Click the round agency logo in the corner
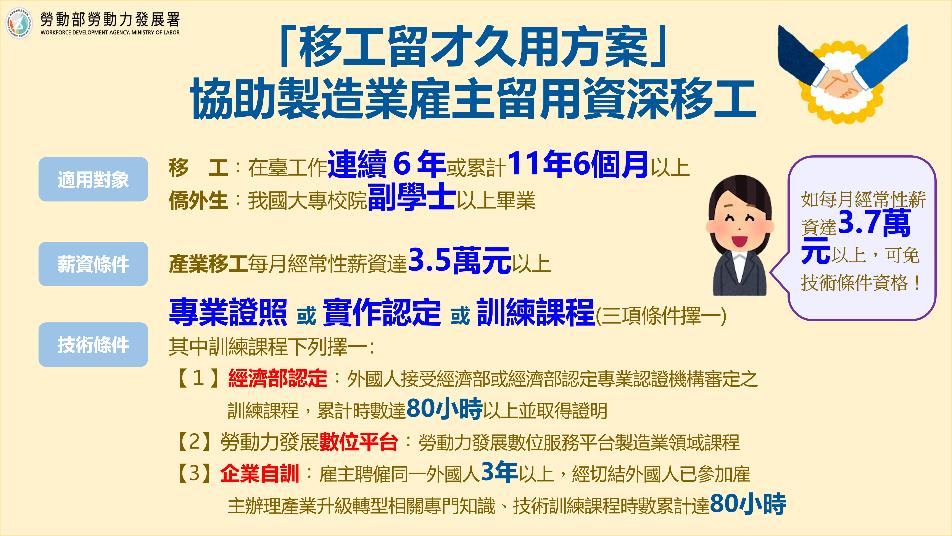pos(19,23)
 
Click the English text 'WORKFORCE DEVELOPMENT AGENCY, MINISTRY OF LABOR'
pos(110,32)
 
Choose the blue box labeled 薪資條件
pos(93,264)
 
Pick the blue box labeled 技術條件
pos(93,345)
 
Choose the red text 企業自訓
pos(259,474)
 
